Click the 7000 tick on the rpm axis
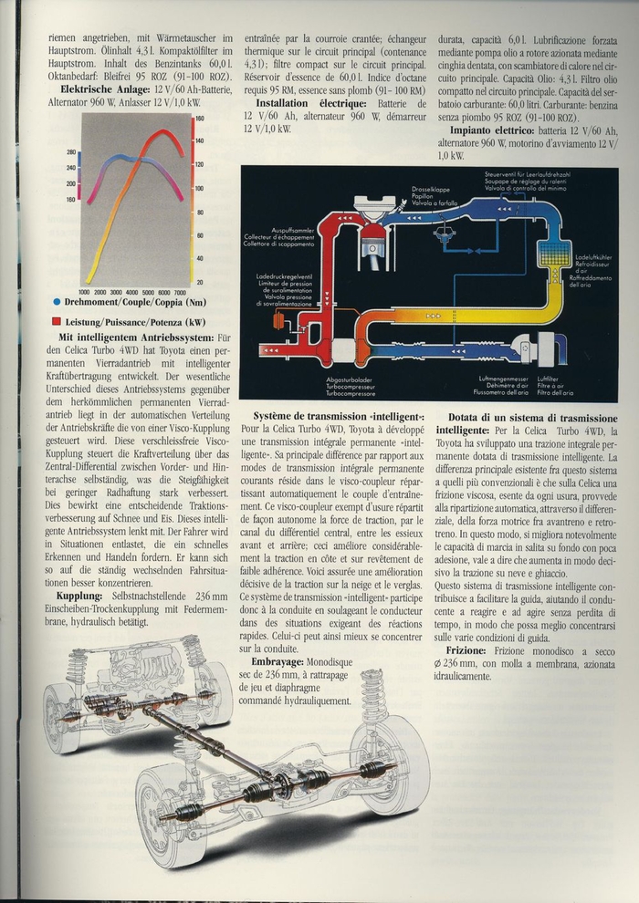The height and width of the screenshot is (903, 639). click(180, 293)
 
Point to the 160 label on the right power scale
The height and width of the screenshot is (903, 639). click(199, 119)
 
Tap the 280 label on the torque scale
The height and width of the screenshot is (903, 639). click(71, 152)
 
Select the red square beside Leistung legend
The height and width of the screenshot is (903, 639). click(58, 321)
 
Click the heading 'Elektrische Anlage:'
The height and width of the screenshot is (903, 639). click(101, 89)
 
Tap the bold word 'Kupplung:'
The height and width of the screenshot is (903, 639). click(79, 596)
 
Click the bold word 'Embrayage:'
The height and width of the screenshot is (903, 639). click(285, 661)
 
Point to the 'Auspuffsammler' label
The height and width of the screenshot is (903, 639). click(266, 232)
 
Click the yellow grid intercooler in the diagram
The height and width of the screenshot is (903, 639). click(551, 254)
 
